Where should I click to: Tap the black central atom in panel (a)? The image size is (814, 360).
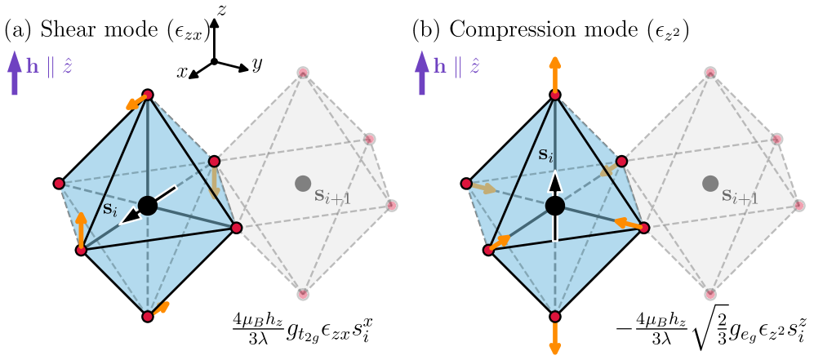pyautogui.click(x=147, y=205)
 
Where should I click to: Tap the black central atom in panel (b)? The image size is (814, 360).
pyautogui.click(x=555, y=205)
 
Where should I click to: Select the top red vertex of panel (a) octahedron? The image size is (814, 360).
pyautogui.click(x=148, y=95)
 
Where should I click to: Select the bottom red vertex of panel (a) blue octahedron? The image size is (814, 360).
pyautogui.click(x=147, y=316)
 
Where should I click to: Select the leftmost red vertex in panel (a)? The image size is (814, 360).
pyautogui.click(x=58, y=182)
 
